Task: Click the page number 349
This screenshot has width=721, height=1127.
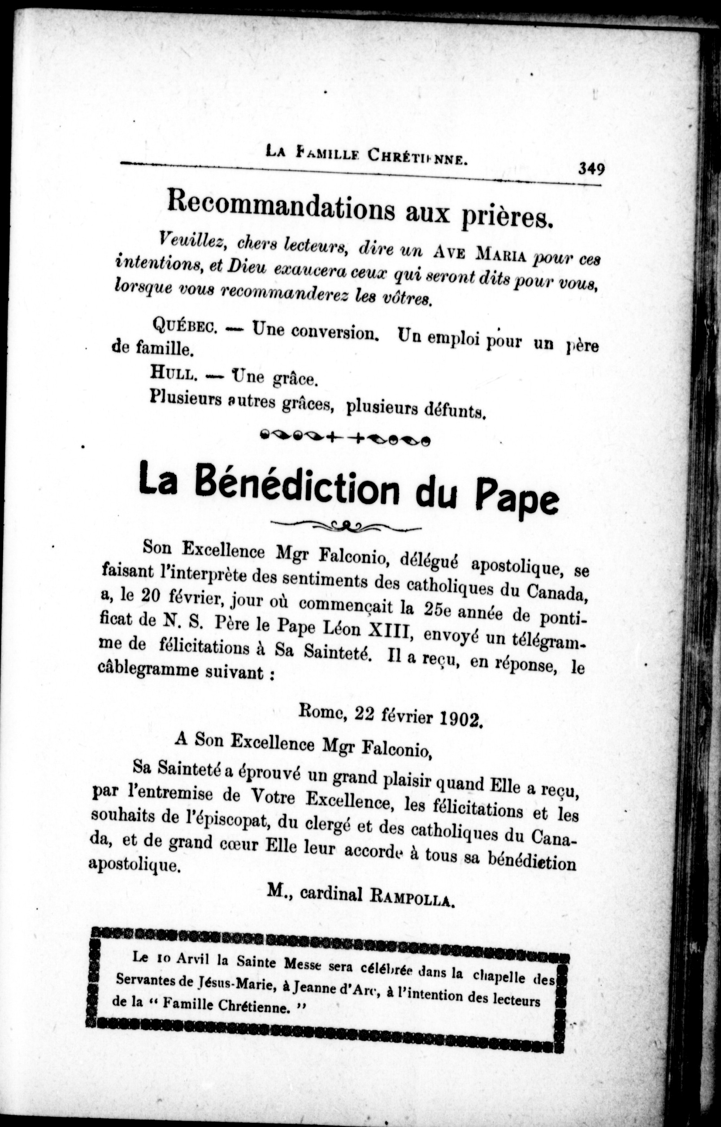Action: pos(591,168)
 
